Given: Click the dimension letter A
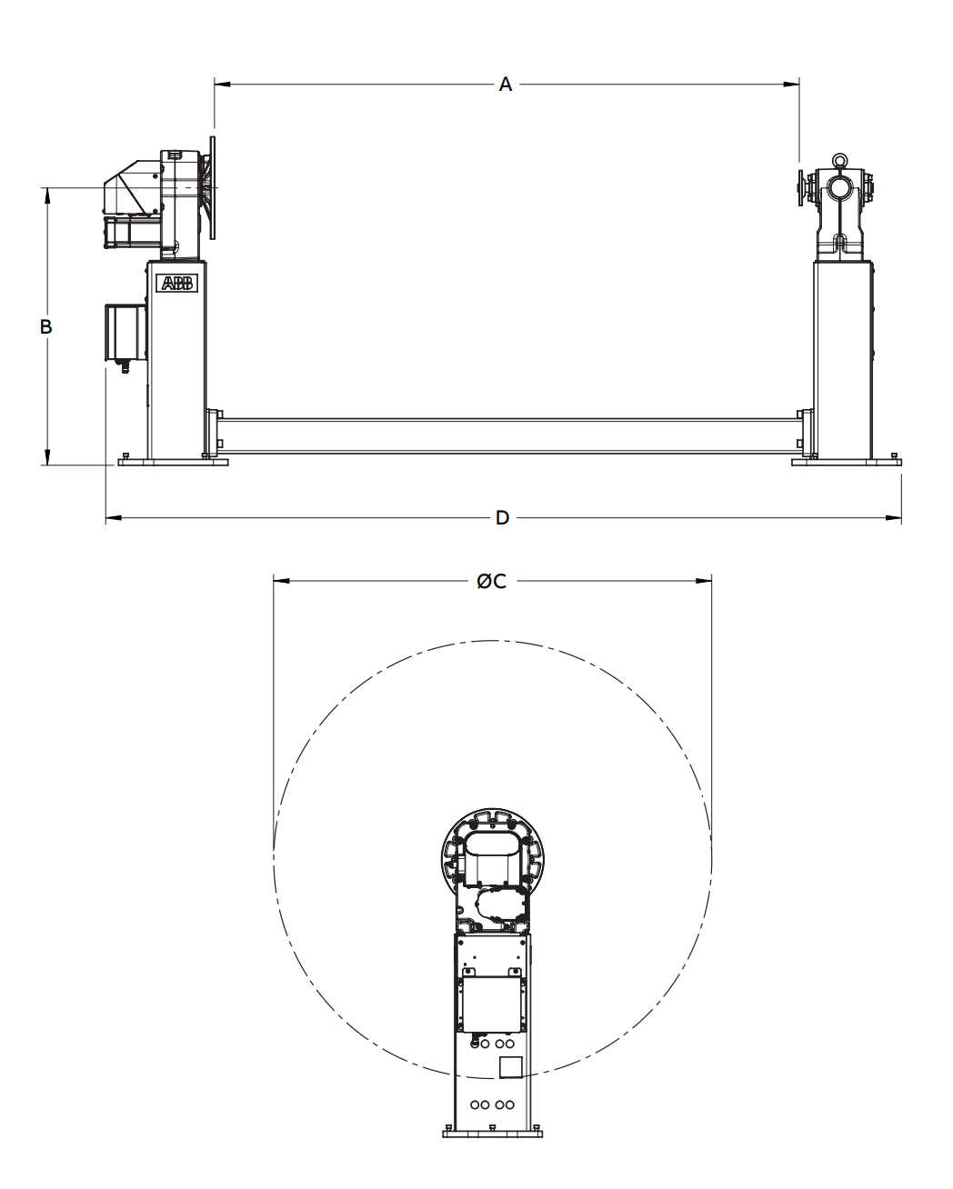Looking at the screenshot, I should click(506, 85).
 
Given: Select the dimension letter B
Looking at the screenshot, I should click(46, 326).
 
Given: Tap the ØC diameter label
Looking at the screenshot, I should click(492, 581).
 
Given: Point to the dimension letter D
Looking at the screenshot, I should click(502, 518).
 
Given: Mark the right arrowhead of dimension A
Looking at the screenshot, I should click(793, 85).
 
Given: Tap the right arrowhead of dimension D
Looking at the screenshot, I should click(895, 518).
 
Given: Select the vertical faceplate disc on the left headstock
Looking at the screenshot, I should click(213, 187).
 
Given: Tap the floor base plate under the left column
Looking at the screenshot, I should click(173, 462).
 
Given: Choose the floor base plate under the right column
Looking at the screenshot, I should click(847, 462).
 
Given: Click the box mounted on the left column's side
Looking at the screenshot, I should click(125, 332).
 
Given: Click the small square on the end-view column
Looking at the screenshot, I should click(511, 1066).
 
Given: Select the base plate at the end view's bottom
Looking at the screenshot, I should click(492, 1133).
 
